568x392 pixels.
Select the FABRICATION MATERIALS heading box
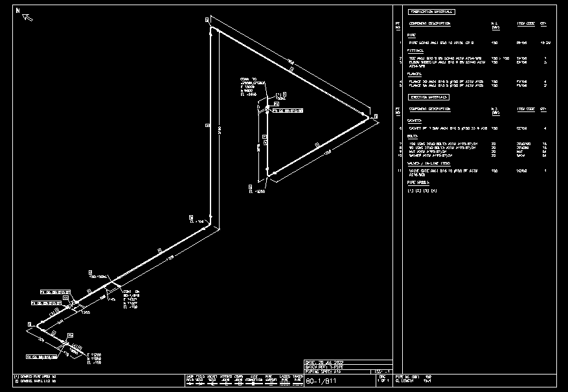pyautogui.click(x=431, y=12)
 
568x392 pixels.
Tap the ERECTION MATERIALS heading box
pyautogui.click(x=428, y=97)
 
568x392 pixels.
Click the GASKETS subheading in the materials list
pyautogui.click(x=415, y=121)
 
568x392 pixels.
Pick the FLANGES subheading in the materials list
pyautogui.click(x=415, y=74)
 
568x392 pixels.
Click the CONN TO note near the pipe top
pyautogui.click(x=249, y=80)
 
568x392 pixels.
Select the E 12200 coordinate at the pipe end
pyautogui.click(x=79, y=354)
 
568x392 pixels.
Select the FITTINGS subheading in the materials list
pyautogui.click(x=415, y=50)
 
